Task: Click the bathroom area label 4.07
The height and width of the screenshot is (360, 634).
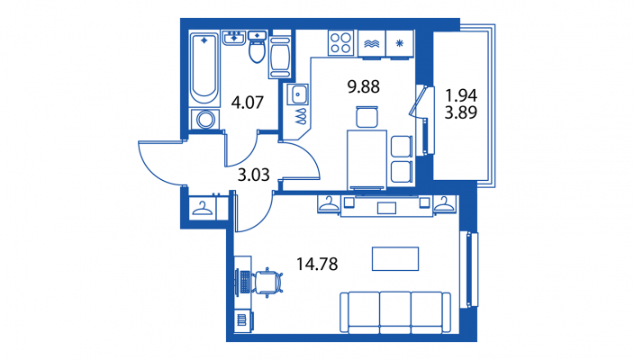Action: pyautogui.click(x=248, y=103)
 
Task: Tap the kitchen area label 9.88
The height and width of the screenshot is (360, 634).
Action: pyautogui.click(x=364, y=87)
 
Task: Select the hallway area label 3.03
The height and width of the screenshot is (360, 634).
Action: pyautogui.click(x=254, y=175)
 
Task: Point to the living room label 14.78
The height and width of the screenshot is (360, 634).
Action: pyautogui.click(x=317, y=265)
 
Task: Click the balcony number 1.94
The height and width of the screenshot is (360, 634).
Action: pyautogui.click(x=461, y=95)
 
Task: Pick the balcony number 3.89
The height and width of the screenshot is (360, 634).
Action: pyautogui.click(x=461, y=112)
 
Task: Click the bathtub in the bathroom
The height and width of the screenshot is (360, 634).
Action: pyautogui.click(x=204, y=69)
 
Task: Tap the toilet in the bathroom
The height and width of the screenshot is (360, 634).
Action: pyautogui.click(x=258, y=48)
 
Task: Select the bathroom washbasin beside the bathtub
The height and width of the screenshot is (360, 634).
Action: pyautogui.click(x=234, y=38)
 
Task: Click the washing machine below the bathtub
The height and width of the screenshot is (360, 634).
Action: pyautogui.click(x=205, y=120)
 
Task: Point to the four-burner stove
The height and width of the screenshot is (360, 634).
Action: pyautogui.click(x=340, y=43)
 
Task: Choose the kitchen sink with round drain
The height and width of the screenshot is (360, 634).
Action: pyautogui.click(x=297, y=94)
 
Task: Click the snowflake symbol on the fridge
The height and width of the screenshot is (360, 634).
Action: pyautogui.click(x=400, y=43)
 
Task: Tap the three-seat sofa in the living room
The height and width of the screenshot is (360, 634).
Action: pyautogui.click(x=395, y=312)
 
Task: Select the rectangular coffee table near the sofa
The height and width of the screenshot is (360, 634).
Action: pyautogui.click(x=395, y=258)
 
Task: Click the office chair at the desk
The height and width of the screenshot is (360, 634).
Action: pyautogui.click(x=267, y=283)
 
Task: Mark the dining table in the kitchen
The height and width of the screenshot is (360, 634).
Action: pyautogui.click(x=367, y=159)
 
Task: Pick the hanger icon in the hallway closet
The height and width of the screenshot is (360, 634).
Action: pyautogui.click(x=202, y=209)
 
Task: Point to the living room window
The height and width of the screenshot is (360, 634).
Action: pyautogui.click(x=469, y=269)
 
